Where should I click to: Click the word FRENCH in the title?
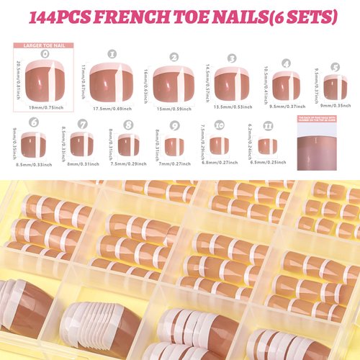tap(141, 16)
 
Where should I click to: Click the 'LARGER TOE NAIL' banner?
tap(45, 45)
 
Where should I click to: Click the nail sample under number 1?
tap(112, 85)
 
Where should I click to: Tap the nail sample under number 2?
tap(174, 86)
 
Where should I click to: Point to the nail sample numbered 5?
tap(335, 87)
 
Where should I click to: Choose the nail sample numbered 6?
tap(33, 145)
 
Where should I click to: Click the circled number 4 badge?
tap(286, 63)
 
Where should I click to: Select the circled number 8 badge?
tap(128, 125)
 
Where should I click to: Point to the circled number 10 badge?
tap(220, 125)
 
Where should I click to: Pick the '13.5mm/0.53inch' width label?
tap(232, 107)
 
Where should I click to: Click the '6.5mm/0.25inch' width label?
tap(266, 163)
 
